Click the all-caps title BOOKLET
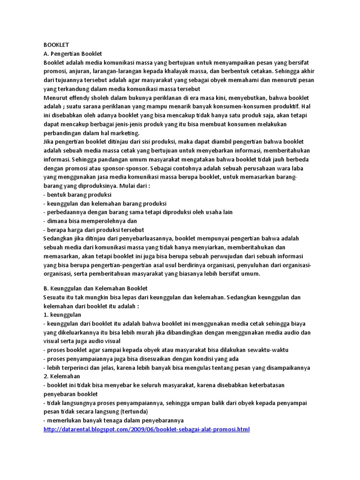click(56, 45)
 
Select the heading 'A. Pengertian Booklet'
click(73, 54)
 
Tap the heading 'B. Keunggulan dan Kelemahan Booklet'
click(95, 288)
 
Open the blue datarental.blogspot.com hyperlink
click(146, 429)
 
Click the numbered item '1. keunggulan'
click(62, 315)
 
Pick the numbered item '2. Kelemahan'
click(62, 376)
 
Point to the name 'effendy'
click(83, 98)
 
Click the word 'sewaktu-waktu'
click(269, 350)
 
